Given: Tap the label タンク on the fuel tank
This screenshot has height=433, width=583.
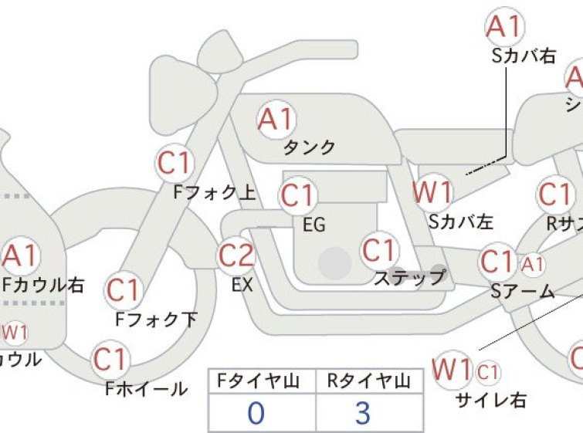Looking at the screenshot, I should (310, 147).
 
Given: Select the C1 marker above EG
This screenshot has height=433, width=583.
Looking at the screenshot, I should (298, 196).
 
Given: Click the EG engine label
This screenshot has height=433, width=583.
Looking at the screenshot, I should (314, 225).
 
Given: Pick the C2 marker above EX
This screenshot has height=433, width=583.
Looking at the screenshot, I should (236, 255).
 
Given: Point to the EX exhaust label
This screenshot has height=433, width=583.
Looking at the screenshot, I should (242, 285).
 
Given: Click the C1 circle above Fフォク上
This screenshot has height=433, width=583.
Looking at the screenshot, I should (175, 163).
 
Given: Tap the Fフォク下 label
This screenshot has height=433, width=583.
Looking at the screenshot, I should (156, 318).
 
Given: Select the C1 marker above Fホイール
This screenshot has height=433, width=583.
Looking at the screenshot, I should (110, 359).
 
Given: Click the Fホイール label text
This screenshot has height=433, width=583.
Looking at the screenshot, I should (146, 388).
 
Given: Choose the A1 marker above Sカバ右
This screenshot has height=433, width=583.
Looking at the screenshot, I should (505, 27).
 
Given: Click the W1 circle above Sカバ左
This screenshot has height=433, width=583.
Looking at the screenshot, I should (432, 191).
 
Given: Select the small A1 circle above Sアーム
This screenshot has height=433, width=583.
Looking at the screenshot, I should (533, 264).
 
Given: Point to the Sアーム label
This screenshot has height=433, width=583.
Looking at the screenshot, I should (523, 292).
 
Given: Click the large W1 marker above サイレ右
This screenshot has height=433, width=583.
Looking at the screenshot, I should (453, 370).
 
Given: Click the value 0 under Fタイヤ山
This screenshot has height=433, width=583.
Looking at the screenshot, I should (256, 413).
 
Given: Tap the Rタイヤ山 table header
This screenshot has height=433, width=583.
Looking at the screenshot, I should (368, 380).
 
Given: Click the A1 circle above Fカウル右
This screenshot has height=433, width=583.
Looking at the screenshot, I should (22, 255).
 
